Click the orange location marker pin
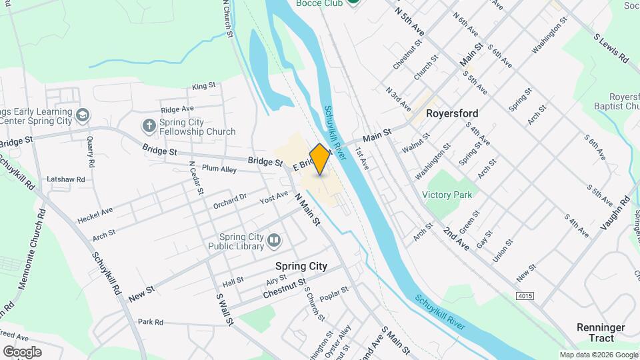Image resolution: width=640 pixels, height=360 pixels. tap(320, 159)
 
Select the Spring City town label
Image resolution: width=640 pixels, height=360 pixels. tap(301, 266)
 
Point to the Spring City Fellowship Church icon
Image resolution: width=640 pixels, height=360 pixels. tap(149, 125)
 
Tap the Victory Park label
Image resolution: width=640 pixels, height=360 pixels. tap(447, 195)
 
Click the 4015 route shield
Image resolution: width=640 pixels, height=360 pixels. tap(525, 295)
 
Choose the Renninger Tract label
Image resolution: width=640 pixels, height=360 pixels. tap(601, 333)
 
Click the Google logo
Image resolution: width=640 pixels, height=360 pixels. tap(21, 352)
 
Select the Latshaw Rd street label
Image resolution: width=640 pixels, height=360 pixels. tap(66, 179)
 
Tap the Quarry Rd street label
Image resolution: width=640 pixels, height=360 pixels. tap(89, 154)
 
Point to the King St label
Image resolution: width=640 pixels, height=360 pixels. tap(204, 86)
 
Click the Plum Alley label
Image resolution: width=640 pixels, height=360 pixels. tap(219, 169)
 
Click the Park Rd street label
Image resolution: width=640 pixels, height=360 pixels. tap(151, 322)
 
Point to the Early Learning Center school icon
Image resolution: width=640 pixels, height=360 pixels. tap(82, 115)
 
